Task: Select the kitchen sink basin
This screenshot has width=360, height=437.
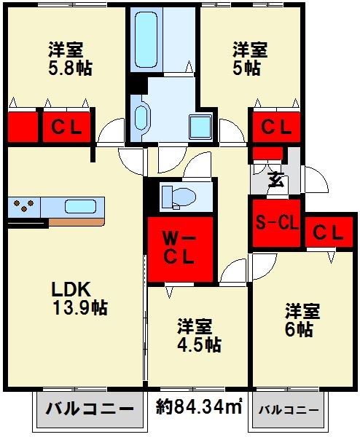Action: pos(79,206)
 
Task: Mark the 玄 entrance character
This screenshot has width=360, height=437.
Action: pos(276,179)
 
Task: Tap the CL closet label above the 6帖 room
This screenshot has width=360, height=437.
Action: pos(328,232)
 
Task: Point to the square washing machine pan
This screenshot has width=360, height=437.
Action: pos(197,126)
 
